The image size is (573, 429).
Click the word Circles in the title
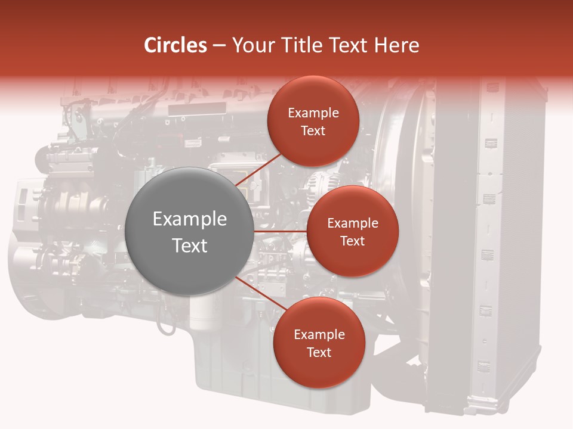pyautogui.click(x=175, y=45)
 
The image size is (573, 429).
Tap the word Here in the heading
pyautogui.click(x=396, y=45)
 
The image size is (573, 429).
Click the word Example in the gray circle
pyautogui.click(x=190, y=219)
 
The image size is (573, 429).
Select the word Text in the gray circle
pyautogui.click(x=190, y=245)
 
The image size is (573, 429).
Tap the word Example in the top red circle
pyautogui.click(x=313, y=113)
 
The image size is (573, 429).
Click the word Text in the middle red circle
pyautogui.click(x=352, y=241)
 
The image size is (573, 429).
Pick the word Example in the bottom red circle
pyautogui.click(x=319, y=335)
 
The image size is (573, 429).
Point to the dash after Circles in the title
pyautogui.click(x=218, y=46)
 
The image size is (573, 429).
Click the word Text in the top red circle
pyautogui.click(x=313, y=131)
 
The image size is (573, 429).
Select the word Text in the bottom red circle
pyautogui.click(x=319, y=353)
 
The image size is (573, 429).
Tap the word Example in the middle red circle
pyautogui.click(x=352, y=223)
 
